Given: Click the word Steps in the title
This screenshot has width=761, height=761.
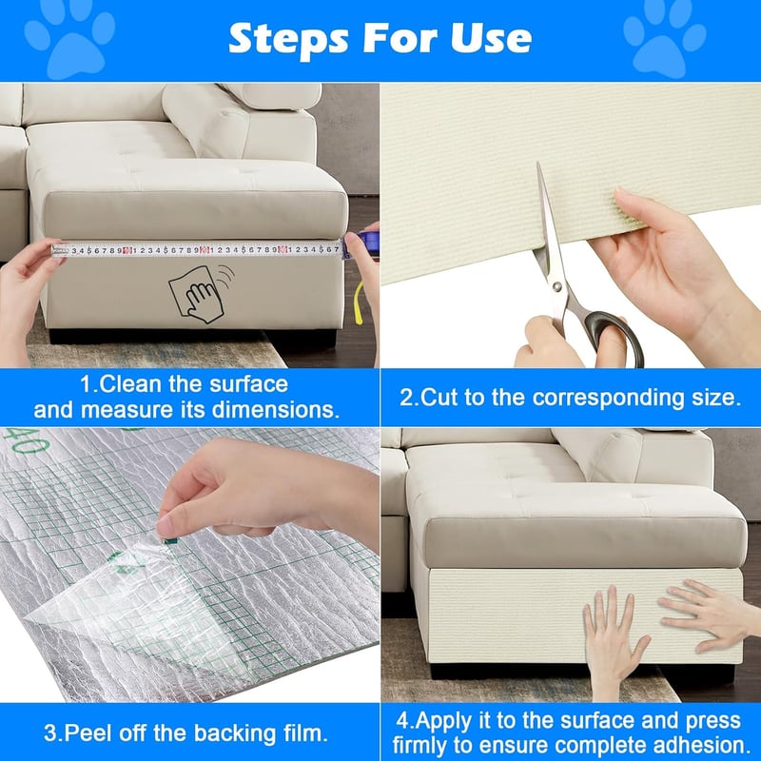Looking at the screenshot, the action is pyautogui.click(x=288, y=39).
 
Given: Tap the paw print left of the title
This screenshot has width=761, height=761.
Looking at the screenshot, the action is pyautogui.click(x=69, y=40).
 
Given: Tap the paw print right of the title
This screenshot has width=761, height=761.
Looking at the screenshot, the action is pyautogui.click(x=664, y=40).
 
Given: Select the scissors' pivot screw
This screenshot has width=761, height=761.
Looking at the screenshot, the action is pyautogui.click(x=556, y=287).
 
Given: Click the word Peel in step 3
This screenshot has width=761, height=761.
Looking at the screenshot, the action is pyautogui.click(x=88, y=732).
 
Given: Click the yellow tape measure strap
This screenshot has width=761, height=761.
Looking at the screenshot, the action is pyautogui.click(x=359, y=302).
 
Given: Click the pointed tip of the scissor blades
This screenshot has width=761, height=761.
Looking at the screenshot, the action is pyautogui.click(x=538, y=164).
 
